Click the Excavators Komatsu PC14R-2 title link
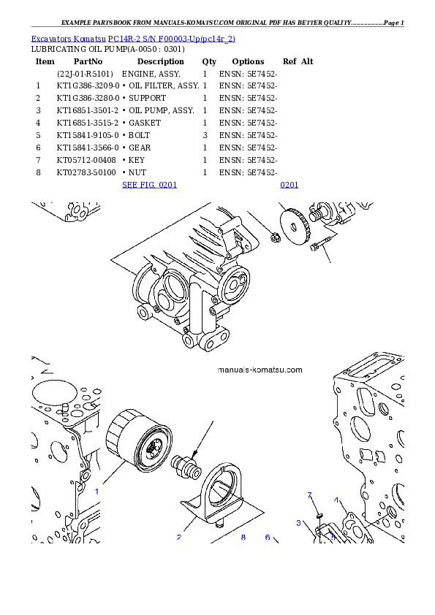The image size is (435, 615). tap(133, 38)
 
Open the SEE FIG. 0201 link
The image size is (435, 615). tap(149, 186)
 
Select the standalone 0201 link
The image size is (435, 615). tap(289, 186)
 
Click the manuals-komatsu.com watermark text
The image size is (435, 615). tap(260, 370)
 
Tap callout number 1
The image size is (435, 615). tap(97, 492)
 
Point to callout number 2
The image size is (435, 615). tap(178, 538)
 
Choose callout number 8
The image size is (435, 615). tap(243, 538)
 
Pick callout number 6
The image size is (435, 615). tap(268, 538)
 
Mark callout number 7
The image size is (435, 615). tap(310, 496)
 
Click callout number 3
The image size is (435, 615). tap(298, 523)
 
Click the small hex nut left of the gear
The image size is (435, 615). tap(276, 237)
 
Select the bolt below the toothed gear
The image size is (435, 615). tap(319, 245)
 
